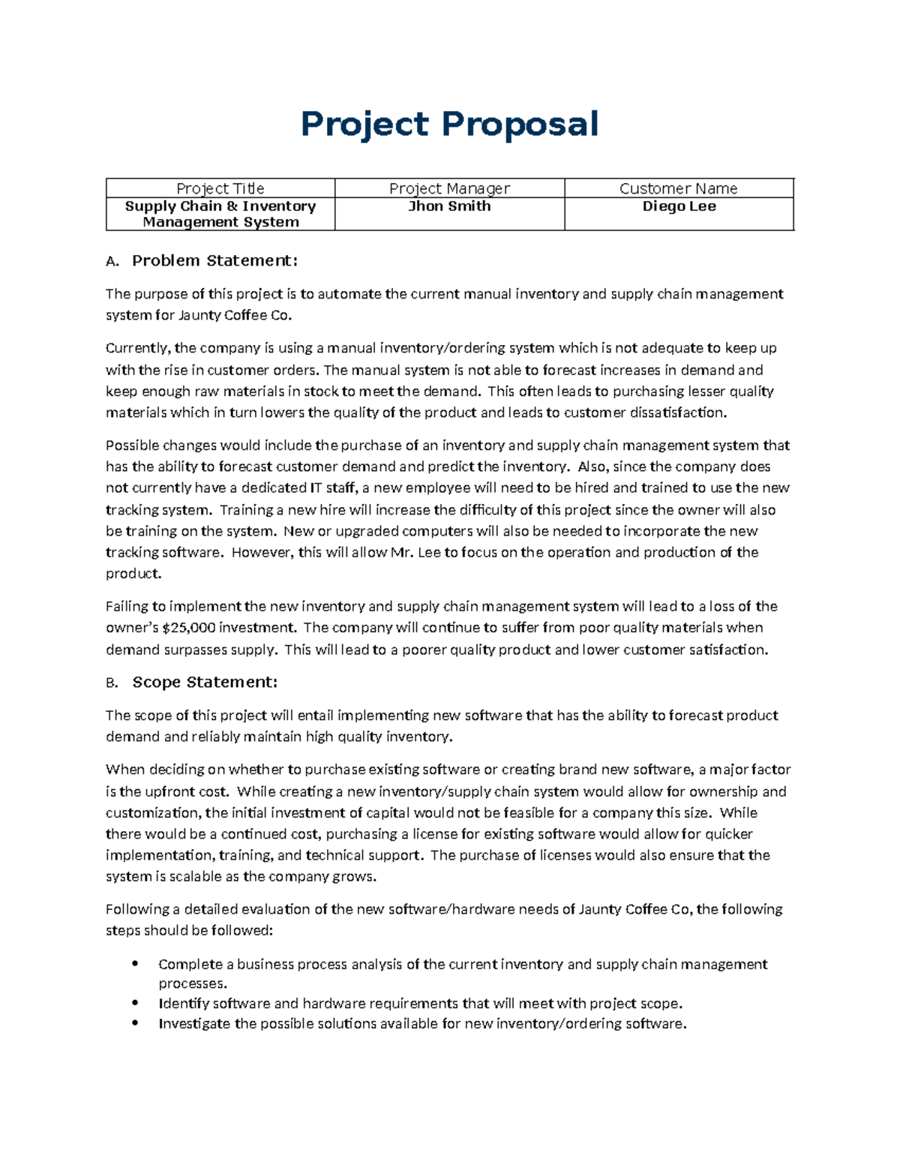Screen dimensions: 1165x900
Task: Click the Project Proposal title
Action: click(x=449, y=124)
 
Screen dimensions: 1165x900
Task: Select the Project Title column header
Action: click(x=220, y=188)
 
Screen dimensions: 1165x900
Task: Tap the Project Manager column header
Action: click(x=449, y=188)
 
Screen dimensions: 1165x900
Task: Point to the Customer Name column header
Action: click(x=678, y=188)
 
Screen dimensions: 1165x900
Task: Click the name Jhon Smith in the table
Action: click(x=449, y=206)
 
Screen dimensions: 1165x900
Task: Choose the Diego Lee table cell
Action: click(x=679, y=206)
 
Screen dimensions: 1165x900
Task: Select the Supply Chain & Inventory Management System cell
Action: click(x=220, y=214)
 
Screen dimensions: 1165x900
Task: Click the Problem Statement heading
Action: click(x=214, y=261)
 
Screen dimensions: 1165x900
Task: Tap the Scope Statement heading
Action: click(x=205, y=683)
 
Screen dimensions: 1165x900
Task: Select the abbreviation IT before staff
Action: click(x=316, y=488)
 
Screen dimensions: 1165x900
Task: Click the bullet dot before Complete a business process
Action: click(x=135, y=964)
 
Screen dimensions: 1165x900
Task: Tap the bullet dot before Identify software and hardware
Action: click(x=135, y=1003)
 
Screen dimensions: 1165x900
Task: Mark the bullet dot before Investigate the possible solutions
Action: click(x=135, y=1023)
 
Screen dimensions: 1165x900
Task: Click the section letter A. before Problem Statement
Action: click(x=112, y=262)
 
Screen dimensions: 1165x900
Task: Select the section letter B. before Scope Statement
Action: click(x=112, y=683)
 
